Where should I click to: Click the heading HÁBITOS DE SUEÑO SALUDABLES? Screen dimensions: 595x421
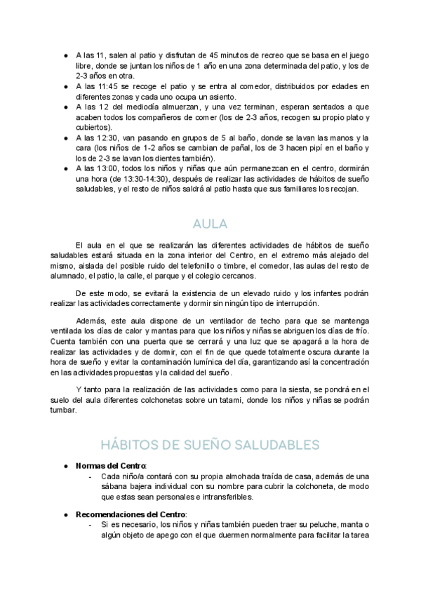[210, 445]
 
